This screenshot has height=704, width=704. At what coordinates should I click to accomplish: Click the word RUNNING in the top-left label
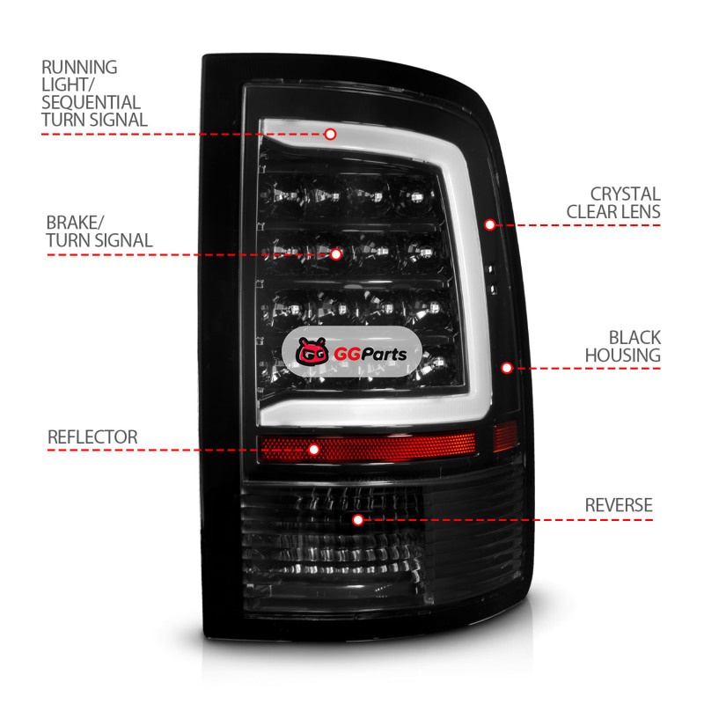[79, 67]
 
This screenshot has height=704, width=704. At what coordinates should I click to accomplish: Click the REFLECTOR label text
[92, 436]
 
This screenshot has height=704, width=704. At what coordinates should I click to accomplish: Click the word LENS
[642, 211]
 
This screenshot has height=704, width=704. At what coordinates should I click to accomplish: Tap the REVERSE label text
[619, 505]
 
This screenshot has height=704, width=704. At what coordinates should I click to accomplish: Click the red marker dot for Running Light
[331, 134]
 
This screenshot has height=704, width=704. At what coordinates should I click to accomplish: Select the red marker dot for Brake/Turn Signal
[336, 254]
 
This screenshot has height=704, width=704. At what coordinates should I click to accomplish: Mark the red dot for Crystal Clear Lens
[490, 224]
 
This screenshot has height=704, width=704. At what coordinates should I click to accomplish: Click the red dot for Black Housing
[507, 368]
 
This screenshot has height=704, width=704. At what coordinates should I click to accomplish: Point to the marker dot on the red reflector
[314, 449]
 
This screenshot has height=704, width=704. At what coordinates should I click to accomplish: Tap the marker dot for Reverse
[357, 520]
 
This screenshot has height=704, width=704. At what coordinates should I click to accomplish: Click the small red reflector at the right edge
[504, 436]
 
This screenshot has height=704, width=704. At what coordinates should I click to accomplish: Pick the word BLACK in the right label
[634, 338]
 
